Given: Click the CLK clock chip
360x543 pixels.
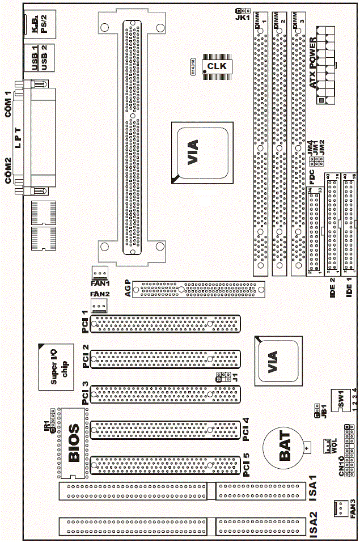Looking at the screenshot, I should (x=216, y=67).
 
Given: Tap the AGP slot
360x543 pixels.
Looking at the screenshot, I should (x=202, y=290).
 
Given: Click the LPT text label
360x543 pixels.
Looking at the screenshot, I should (x=18, y=137).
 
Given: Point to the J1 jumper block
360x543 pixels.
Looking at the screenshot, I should (x=222, y=377).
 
